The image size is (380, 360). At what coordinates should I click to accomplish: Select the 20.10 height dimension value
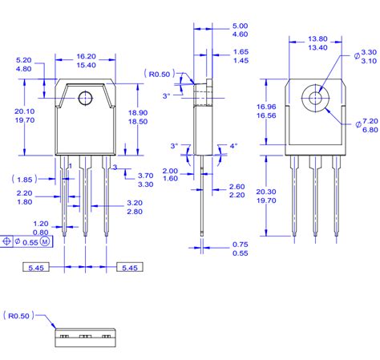click(x=24, y=111)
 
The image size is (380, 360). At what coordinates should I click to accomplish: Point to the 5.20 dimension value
click(x=24, y=60)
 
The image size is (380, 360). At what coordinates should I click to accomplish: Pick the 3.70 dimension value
click(x=145, y=175)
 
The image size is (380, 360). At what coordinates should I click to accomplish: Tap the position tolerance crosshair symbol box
click(x=8, y=241)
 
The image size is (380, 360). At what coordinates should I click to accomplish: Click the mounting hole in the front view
click(x=85, y=99)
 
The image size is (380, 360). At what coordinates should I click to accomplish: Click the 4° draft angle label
click(x=233, y=146)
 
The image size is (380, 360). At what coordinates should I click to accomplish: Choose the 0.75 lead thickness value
click(x=240, y=244)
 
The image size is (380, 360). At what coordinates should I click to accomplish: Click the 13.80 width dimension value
click(x=318, y=38)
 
